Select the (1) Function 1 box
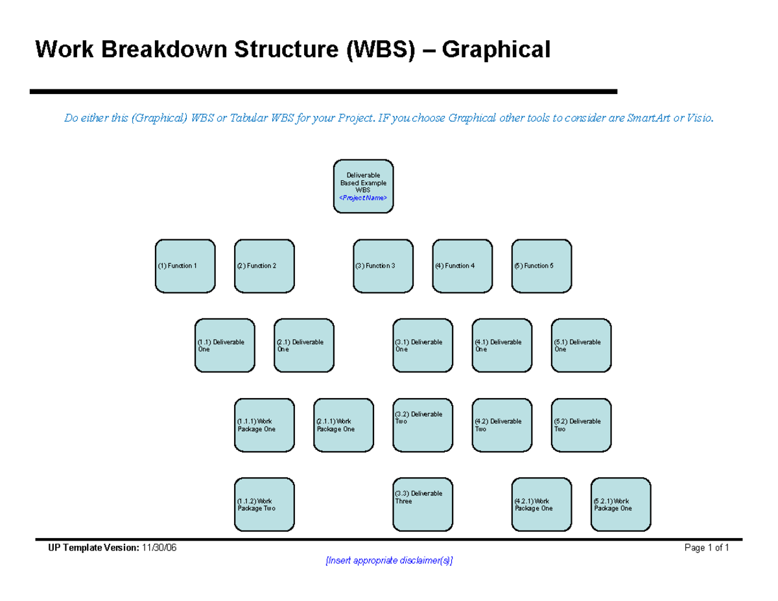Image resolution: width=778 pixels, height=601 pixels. pyautogui.click(x=185, y=266)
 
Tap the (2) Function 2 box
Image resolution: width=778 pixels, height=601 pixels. pyautogui.click(x=264, y=266)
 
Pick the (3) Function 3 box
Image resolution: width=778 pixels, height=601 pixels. pyautogui.click(x=383, y=266)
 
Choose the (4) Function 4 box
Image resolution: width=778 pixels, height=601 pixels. pyautogui.click(x=462, y=266)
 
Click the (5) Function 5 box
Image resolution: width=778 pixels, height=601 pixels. pyautogui.click(x=541, y=266)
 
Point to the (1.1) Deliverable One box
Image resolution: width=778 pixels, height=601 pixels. pyautogui.click(x=224, y=346)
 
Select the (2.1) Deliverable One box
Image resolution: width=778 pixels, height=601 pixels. pyautogui.click(x=304, y=346)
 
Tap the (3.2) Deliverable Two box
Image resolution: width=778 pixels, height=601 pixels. pyautogui.click(x=423, y=425)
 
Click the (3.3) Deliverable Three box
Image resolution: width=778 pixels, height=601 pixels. pyautogui.click(x=423, y=504)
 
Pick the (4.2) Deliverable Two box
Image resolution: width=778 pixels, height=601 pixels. pyautogui.click(x=502, y=425)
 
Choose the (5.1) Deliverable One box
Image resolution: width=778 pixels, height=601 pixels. pyautogui.click(x=581, y=346)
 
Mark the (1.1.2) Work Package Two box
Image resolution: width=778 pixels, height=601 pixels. pyautogui.click(x=264, y=504)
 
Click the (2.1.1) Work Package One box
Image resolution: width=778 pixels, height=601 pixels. pyautogui.click(x=344, y=425)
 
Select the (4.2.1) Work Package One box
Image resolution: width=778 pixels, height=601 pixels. pyautogui.click(x=541, y=504)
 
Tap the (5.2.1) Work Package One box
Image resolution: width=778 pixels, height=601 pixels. pyautogui.click(x=620, y=504)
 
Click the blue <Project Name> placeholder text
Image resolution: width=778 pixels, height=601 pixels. pyautogui.click(x=363, y=198)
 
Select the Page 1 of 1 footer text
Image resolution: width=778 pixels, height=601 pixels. pyautogui.click(x=707, y=548)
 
